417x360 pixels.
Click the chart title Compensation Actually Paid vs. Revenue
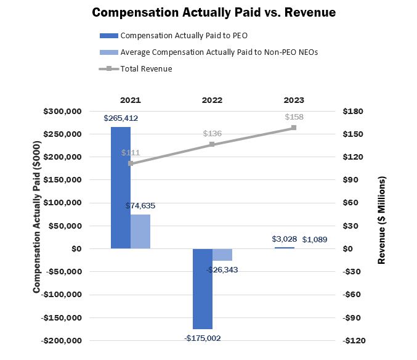pos(214,12)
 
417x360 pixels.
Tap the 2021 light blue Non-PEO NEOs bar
pos(140,231)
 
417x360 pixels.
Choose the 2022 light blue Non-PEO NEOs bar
pos(222,255)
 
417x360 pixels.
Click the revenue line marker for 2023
pos(294,128)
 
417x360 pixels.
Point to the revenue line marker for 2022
pos(212,144)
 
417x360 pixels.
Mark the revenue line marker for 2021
pos(131,163)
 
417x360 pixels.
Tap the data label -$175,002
pos(203,338)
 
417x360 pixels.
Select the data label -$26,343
pos(222,269)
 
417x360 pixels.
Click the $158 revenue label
pos(294,117)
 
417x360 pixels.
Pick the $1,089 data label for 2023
pos(315,239)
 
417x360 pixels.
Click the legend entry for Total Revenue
pos(146,69)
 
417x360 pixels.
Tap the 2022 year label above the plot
pos(212,100)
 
